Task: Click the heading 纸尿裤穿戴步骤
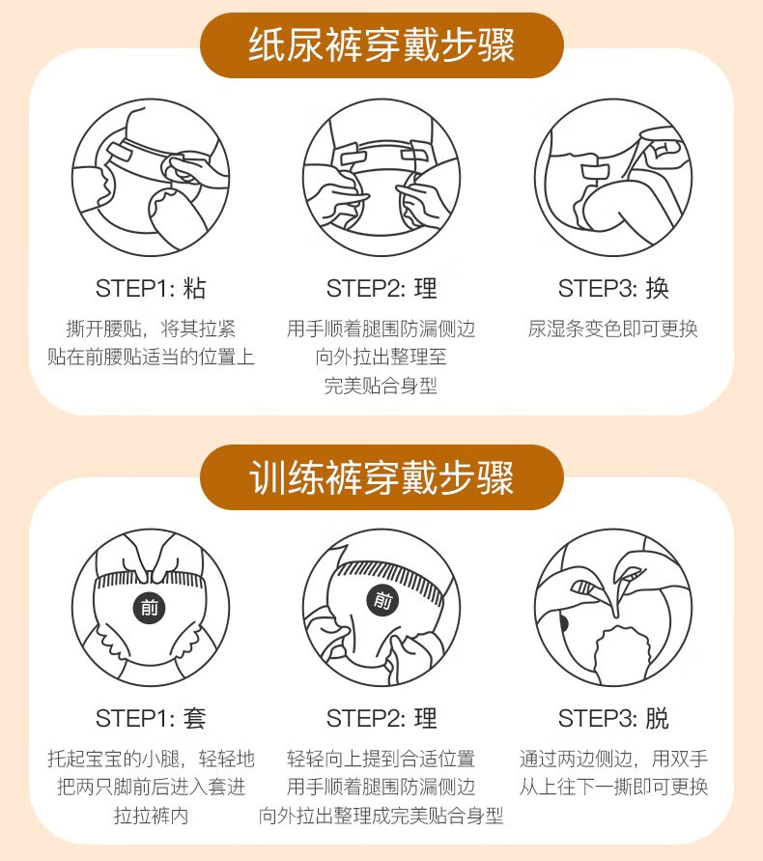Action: [x=381, y=45]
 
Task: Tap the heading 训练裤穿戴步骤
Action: [x=381, y=476]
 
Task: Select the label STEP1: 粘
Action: [x=151, y=288]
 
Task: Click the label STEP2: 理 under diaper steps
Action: [x=381, y=288]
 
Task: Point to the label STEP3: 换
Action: [x=613, y=288]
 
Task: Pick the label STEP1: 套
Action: [x=151, y=718]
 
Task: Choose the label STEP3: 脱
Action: [x=613, y=718]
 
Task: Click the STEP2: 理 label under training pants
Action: [x=381, y=718]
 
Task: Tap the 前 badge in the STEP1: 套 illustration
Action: [x=150, y=608]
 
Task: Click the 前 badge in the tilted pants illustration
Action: [x=383, y=600]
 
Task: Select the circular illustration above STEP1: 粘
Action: [x=151, y=178]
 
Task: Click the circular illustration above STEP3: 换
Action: [x=613, y=178]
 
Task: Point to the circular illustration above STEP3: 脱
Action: [x=613, y=607]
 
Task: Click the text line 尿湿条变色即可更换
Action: [x=613, y=329]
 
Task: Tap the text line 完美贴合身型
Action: [x=381, y=386]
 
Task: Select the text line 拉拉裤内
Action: [x=151, y=816]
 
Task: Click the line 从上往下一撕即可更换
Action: [x=613, y=787]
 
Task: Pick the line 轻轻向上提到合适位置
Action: [x=381, y=759]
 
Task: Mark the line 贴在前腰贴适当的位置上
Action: [x=151, y=357]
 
